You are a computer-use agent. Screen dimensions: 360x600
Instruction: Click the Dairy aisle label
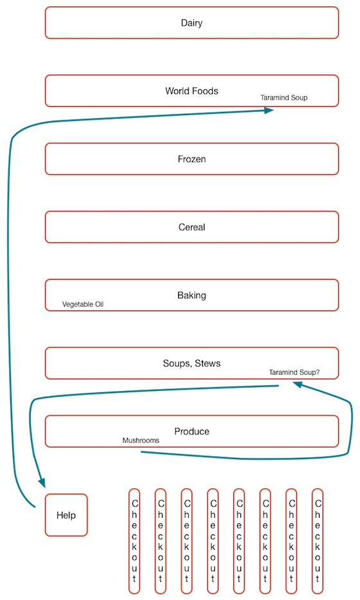point(192,23)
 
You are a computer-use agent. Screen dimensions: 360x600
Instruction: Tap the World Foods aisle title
point(192,91)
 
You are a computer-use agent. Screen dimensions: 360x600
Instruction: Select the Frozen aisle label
point(192,159)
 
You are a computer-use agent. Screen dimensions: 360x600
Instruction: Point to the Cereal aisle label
point(192,227)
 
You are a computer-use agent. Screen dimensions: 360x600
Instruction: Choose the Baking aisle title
point(192,295)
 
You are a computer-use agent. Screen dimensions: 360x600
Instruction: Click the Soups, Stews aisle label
point(192,363)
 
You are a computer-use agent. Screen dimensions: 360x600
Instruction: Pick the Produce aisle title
point(192,432)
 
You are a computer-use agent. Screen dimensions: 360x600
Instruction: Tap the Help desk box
point(66,515)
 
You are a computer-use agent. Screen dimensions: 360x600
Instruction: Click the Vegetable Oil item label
point(83,305)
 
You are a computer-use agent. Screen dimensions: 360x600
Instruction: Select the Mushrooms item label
point(141,441)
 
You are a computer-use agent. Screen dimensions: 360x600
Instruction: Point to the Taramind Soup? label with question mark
point(294,372)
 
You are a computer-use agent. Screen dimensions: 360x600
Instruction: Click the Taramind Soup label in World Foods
point(284,98)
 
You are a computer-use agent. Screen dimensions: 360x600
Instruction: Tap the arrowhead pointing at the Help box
point(42,482)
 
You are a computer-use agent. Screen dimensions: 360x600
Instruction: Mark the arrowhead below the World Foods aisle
point(269,110)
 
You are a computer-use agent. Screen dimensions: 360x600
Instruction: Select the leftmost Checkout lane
point(134,541)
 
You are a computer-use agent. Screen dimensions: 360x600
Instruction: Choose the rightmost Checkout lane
point(318,541)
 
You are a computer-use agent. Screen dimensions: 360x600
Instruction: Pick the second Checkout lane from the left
point(161,541)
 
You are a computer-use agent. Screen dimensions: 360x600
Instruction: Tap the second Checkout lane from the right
point(291,541)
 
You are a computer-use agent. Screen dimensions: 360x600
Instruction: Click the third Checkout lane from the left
point(186,541)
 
